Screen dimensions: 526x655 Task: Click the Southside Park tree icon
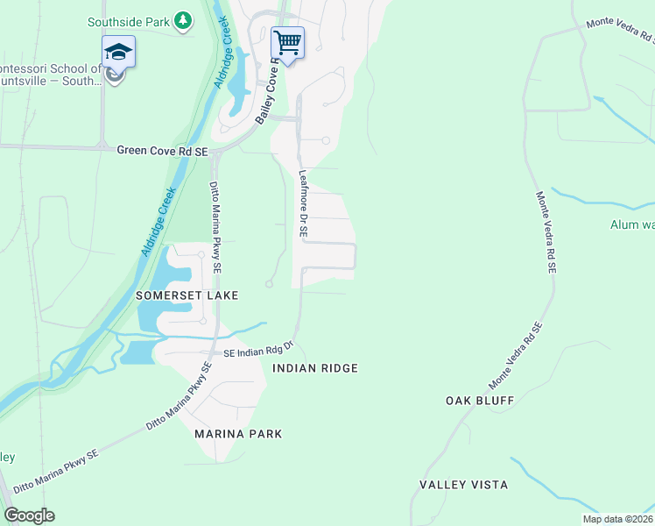182,20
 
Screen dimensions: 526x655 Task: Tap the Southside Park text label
128,20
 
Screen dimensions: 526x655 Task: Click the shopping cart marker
287,43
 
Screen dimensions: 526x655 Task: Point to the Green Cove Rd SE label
162,152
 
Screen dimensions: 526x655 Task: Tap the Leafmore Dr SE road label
303,204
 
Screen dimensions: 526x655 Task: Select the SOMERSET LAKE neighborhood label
187,296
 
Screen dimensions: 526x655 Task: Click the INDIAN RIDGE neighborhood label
315,368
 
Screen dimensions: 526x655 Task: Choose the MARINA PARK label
238,434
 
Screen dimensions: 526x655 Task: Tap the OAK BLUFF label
479,401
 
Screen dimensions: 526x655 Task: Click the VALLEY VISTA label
463,485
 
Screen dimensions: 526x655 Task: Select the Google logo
29,515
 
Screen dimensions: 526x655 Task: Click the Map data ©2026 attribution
618,519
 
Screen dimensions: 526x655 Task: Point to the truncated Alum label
631,225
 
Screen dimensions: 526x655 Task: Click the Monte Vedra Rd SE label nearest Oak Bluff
517,356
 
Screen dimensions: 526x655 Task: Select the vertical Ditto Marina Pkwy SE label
214,226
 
